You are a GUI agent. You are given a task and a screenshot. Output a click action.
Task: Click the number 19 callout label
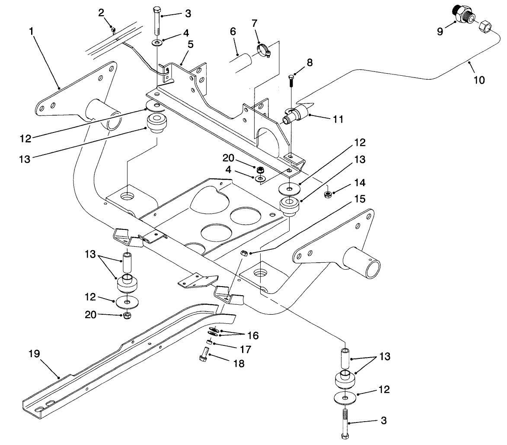pos(34,354)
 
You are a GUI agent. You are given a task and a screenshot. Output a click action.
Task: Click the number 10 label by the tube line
pos(479,80)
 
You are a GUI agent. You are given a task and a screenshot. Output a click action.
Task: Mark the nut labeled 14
pos(328,194)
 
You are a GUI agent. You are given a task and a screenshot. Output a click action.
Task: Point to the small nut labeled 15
pos(244,254)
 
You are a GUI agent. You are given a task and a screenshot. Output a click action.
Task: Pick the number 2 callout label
pos(101,13)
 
